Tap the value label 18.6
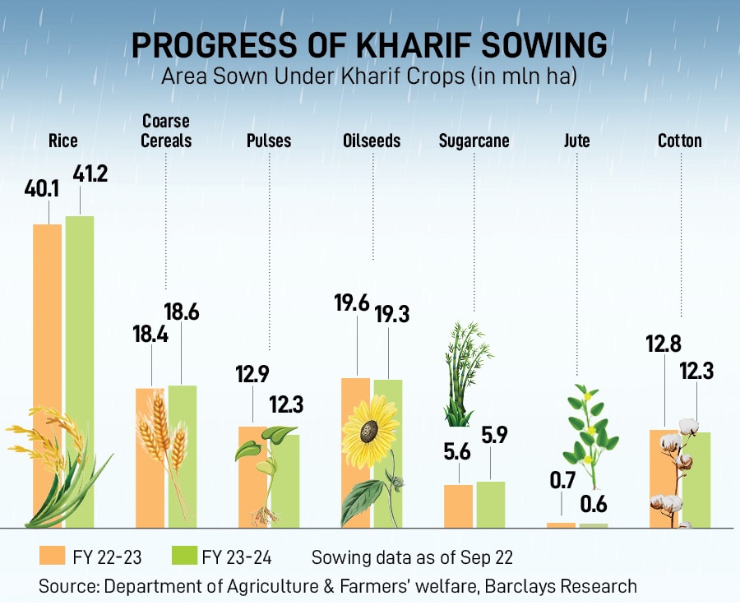point(182,312)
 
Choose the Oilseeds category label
point(372,141)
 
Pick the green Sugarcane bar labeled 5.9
point(491,504)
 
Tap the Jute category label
point(577,141)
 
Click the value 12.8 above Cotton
point(664,344)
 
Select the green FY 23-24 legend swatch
point(183,557)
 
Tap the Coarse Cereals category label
point(165,132)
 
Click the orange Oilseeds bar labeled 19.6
point(355,452)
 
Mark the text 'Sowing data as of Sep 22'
point(412,557)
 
